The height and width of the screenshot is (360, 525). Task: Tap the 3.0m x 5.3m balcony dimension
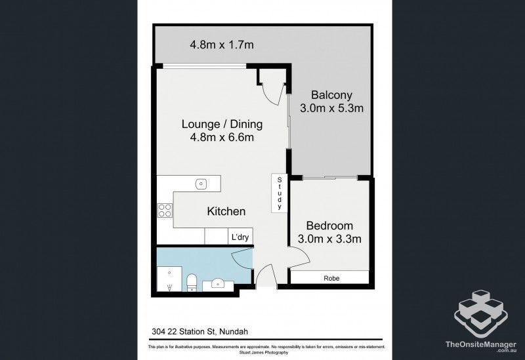[x=331, y=108]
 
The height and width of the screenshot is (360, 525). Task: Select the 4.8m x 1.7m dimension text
[x=222, y=45]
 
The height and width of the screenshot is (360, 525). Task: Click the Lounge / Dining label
[x=222, y=123]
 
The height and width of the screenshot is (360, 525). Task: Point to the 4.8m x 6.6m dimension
[x=222, y=138]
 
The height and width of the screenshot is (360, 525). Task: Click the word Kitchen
[x=226, y=211]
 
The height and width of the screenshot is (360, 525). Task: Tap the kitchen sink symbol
[x=201, y=184]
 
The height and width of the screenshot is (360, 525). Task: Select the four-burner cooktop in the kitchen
[x=165, y=210]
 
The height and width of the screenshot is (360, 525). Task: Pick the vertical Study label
[x=280, y=193]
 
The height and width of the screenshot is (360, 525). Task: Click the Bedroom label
[x=330, y=225]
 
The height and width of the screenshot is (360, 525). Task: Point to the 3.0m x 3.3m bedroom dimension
[x=330, y=239]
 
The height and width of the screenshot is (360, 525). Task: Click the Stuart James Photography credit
[x=262, y=352]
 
